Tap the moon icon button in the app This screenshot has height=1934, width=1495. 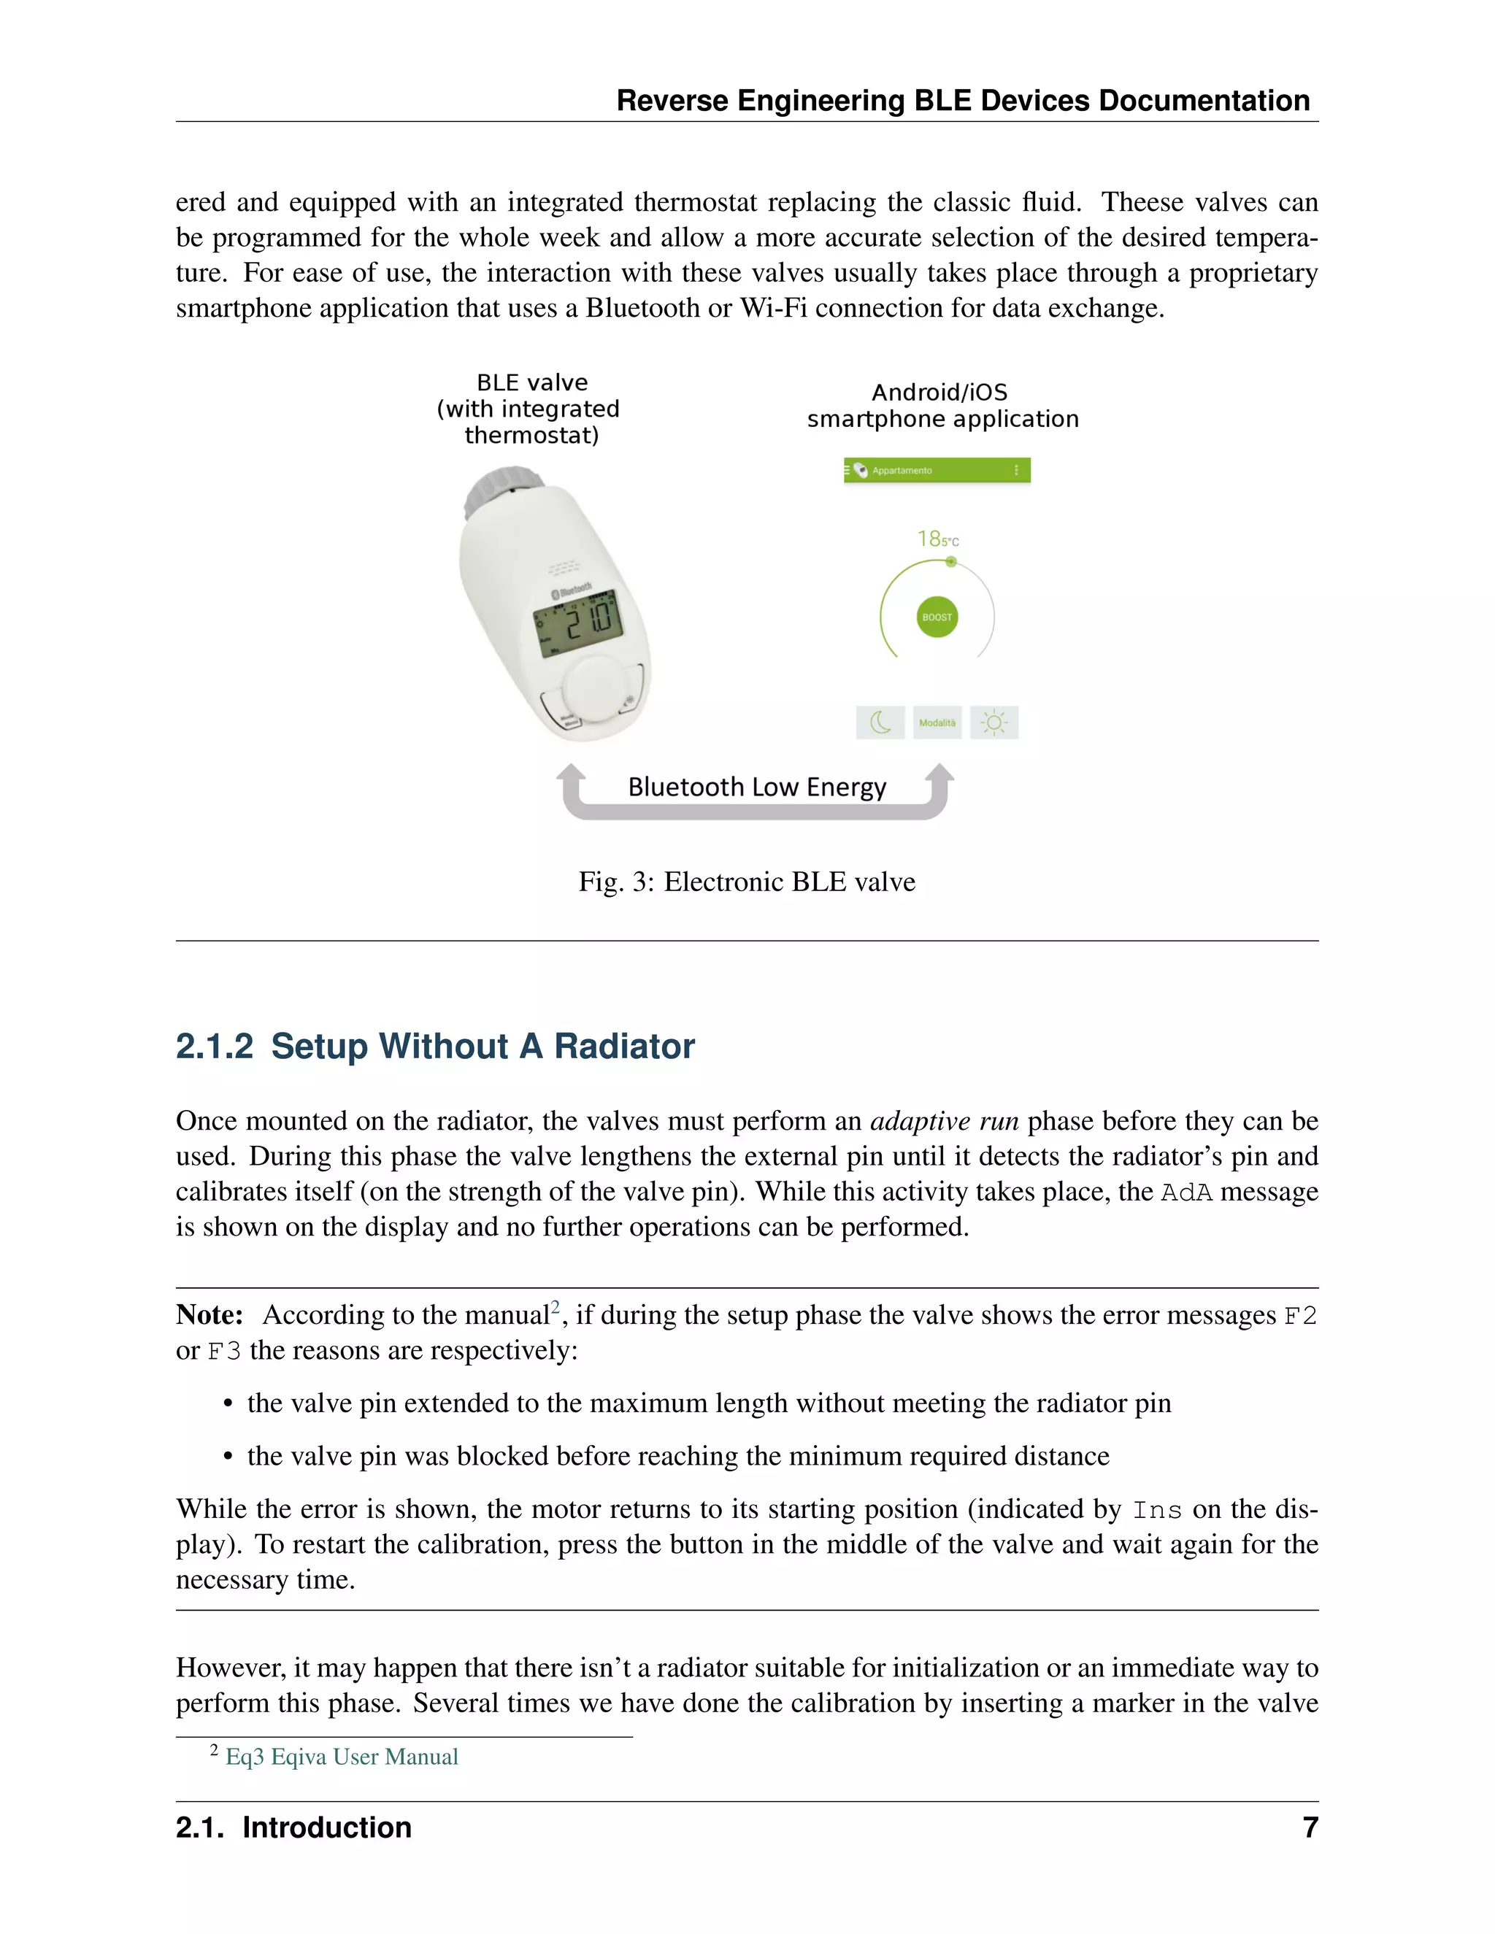click(x=880, y=723)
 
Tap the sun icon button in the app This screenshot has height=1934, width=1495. click(x=994, y=723)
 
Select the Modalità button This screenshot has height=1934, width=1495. click(x=937, y=723)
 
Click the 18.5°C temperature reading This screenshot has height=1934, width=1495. click(x=937, y=539)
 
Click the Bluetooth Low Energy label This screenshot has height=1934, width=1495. click(x=756, y=787)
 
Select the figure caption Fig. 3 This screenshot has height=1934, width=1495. click(x=747, y=882)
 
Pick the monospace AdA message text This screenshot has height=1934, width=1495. click(x=1186, y=1192)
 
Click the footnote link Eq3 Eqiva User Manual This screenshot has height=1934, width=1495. click(x=342, y=1757)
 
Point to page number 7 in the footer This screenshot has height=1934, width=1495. click(x=1310, y=1827)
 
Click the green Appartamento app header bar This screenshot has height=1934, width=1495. click(x=937, y=470)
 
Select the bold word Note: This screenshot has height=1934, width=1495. click(x=210, y=1315)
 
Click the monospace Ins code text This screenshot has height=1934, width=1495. click(x=1157, y=1510)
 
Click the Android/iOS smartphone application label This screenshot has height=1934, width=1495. click(x=942, y=406)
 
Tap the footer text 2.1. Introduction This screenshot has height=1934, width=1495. click(x=293, y=1827)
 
